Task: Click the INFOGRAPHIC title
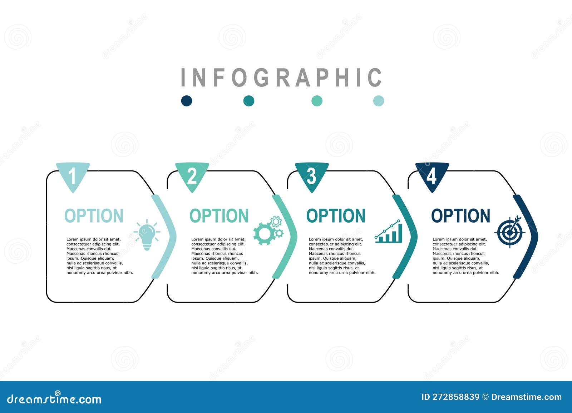pos(281,77)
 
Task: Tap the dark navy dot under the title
pos(187,101)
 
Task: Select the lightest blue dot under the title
pos(378,101)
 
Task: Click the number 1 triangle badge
pos(73,175)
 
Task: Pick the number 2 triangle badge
pos(192,175)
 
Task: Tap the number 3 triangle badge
pos(312,175)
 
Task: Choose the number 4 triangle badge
pos(432,175)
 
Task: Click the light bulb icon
pos(147,234)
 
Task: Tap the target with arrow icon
pos(510,232)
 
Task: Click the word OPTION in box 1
pos(94,216)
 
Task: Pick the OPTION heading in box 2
pos(219,216)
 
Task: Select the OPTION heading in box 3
pos(336,216)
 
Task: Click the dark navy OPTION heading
pos(460,216)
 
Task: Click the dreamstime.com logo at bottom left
pos(54,399)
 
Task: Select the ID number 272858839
pos(450,397)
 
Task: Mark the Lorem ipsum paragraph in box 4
pos(465,256)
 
